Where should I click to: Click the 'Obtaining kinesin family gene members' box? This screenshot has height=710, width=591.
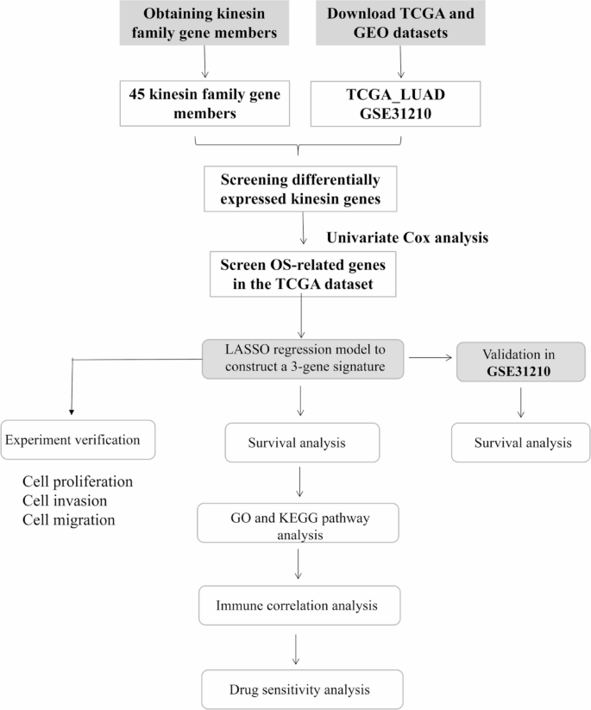tap(205, 24)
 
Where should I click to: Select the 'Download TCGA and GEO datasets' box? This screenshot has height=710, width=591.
tap(400, 24)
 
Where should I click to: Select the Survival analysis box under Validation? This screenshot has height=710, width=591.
tap(521, 443)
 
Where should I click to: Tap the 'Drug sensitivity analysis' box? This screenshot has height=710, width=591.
tap(301, 689)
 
